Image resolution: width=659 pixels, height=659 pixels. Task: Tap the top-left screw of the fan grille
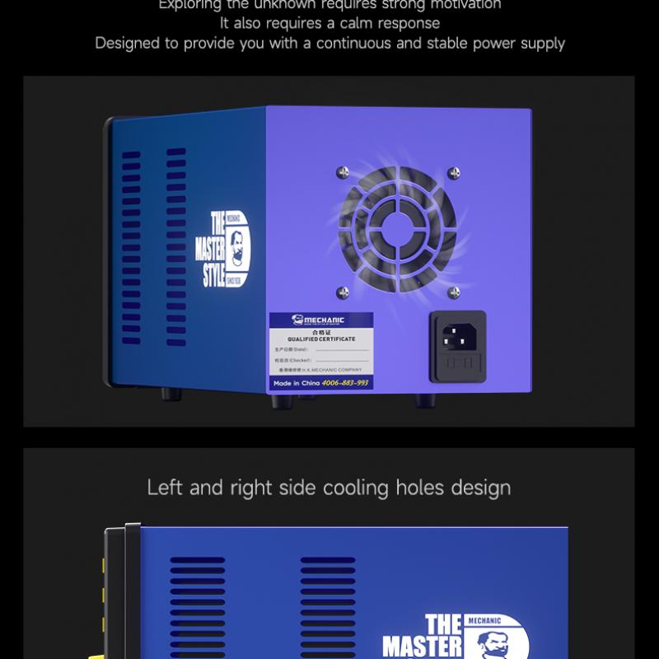coord(342,172)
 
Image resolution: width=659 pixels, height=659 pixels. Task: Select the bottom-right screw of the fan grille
coord(452,292)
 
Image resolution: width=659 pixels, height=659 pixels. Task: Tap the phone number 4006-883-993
coord(344,384)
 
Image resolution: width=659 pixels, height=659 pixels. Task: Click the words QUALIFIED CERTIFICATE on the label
coord(322,339)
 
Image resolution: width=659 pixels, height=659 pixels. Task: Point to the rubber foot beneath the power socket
coord(427,401)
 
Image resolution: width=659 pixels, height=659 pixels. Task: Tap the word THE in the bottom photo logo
coord(444,624)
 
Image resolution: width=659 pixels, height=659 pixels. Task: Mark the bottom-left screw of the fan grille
coord(342,292)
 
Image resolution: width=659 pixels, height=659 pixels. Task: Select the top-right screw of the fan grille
coord(452,172)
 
